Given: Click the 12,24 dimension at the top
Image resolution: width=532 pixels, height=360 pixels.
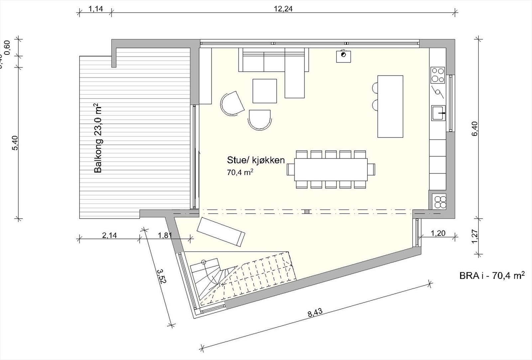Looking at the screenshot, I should tap(283, 9).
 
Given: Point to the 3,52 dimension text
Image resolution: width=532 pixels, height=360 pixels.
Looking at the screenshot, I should tap(161, 276).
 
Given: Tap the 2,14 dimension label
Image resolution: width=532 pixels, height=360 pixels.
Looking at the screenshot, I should tap(109, 235).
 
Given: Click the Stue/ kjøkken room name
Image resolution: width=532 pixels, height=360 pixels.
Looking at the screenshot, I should tap(256, 160).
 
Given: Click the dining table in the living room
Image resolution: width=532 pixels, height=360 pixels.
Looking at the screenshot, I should tap(331, 169).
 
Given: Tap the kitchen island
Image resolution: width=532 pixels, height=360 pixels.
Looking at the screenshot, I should tap(390, 106).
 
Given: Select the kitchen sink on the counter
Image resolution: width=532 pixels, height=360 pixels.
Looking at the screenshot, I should tap(439, 113).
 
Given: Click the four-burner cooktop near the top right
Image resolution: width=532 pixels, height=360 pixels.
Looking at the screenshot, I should tap(438, 75).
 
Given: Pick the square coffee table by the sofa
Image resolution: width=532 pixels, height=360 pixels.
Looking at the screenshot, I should tap(265, 91).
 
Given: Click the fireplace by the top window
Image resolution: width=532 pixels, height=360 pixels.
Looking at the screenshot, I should tap(343, 56).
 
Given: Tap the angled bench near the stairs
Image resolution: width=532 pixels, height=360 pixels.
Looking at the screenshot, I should tap(221, 232).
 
